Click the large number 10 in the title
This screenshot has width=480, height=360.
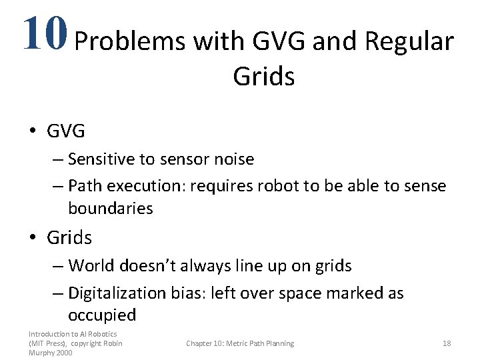coord(44,33)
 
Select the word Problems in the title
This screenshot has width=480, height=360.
coord(129,42)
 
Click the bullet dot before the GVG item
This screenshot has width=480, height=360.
coord(34,131)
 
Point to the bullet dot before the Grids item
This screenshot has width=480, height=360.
coord(34,237)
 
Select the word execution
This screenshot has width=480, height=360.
coord(149,186)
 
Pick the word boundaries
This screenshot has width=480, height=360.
coord(111,208)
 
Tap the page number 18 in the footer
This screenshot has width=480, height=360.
coord(447,343)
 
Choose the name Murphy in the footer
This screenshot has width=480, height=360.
coord(41,353)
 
